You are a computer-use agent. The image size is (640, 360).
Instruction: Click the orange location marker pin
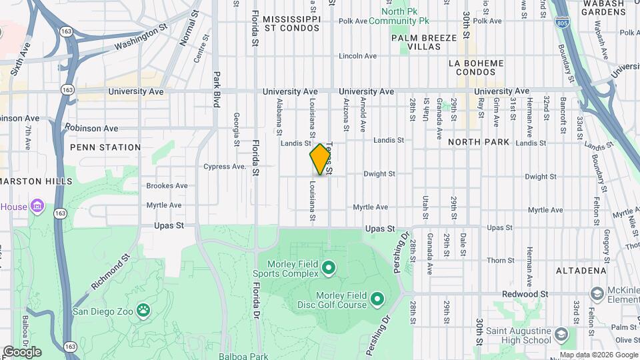[320, 159]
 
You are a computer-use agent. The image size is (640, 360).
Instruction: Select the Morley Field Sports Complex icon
[328, 269]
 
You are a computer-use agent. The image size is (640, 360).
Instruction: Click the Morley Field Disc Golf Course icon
[377, 298]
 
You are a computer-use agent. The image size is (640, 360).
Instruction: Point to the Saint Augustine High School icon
[561, 333]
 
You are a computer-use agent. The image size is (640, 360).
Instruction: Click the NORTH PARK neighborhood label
[479, 142]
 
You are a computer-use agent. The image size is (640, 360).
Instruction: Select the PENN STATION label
[106, 147]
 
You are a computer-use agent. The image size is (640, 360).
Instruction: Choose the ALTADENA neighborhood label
[581, 271]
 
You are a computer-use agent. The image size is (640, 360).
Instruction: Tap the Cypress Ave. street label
[225, 167]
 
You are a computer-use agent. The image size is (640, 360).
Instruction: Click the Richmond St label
[110, 273]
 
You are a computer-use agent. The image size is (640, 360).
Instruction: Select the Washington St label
[139, 39]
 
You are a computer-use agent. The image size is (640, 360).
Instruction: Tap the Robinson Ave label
[91, 127]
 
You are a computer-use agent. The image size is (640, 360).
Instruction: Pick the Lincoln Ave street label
[358, 56]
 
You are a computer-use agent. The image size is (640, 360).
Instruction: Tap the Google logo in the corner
[22, 351]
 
